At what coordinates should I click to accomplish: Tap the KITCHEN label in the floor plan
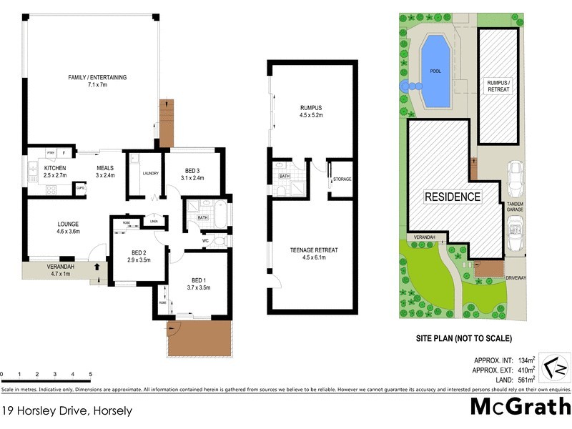tap(54, 169)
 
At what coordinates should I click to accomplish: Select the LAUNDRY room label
tap(150, 173)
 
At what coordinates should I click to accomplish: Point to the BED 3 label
tap(192, 170)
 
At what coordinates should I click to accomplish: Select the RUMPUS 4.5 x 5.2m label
tap(311, 111)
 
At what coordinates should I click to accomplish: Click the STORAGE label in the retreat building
tap(342, 179)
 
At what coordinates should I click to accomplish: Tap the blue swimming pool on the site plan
tap(435, 70)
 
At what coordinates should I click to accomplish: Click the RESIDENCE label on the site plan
tap(453, 197)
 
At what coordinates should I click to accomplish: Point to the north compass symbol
tap(552, 368)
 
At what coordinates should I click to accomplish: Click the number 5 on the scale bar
tap(90, 374)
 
